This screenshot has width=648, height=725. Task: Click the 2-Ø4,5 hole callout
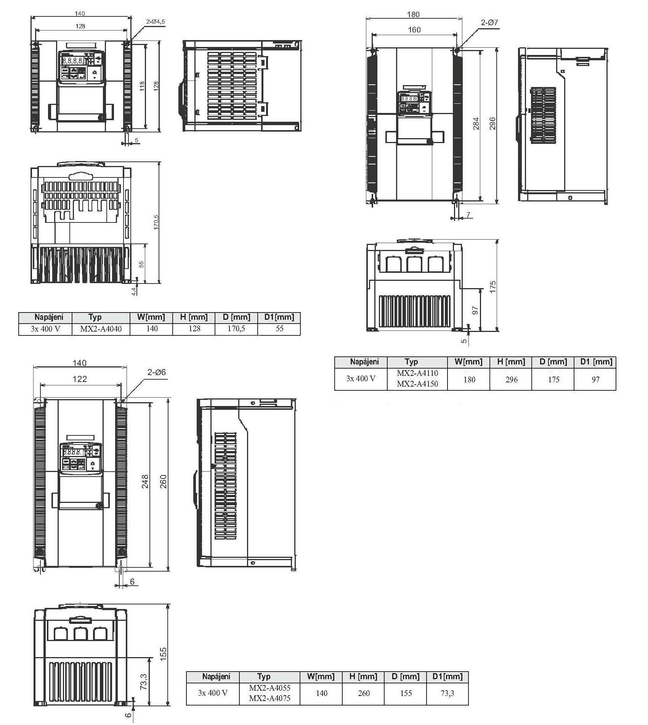click(x=156, y=22)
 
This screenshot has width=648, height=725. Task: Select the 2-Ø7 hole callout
click(x=489, y=23)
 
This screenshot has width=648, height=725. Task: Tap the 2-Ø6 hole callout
click(x=157, y=372)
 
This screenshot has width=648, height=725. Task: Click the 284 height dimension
click(x=476, y=123)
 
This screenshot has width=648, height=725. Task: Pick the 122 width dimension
click(x=80, y=379)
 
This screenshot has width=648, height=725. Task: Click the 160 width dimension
click(x=414, y=30)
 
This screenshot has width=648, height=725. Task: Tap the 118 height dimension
click(x=142, y=86)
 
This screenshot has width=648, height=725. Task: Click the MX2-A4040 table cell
click(x=101, y=329)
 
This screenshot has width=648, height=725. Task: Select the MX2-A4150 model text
click(x=417, y=384)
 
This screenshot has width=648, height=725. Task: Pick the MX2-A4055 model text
click(x=269, y=688)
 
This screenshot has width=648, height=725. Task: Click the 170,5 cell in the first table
click(x=236, y=329)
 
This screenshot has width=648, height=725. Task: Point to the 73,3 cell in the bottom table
click(x=448, y=693)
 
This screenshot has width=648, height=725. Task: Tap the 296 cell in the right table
click(x=511, y=379)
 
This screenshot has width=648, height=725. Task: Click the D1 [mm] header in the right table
click(x=596, y=362)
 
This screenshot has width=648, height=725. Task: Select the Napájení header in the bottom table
click(x=216, y=677)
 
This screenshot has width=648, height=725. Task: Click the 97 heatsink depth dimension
click(x=475, y=310)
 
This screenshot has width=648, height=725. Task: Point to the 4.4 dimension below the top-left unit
click(x=134, y=292)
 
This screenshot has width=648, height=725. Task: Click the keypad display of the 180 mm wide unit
click(x=409, y=98)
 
